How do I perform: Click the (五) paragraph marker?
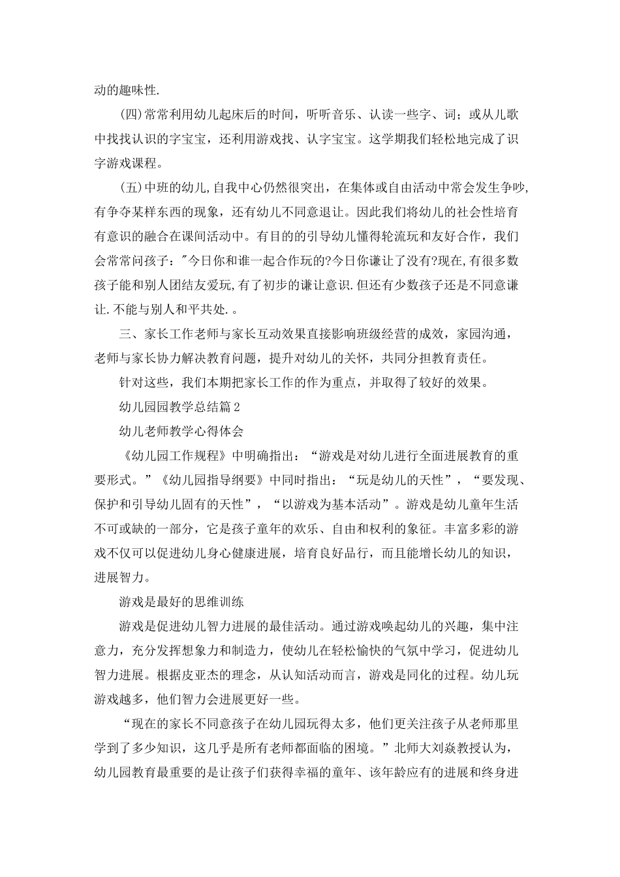pyautogui.click(x=131, y=188)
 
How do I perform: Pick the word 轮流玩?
pyautogui.click(x=415, y=236)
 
